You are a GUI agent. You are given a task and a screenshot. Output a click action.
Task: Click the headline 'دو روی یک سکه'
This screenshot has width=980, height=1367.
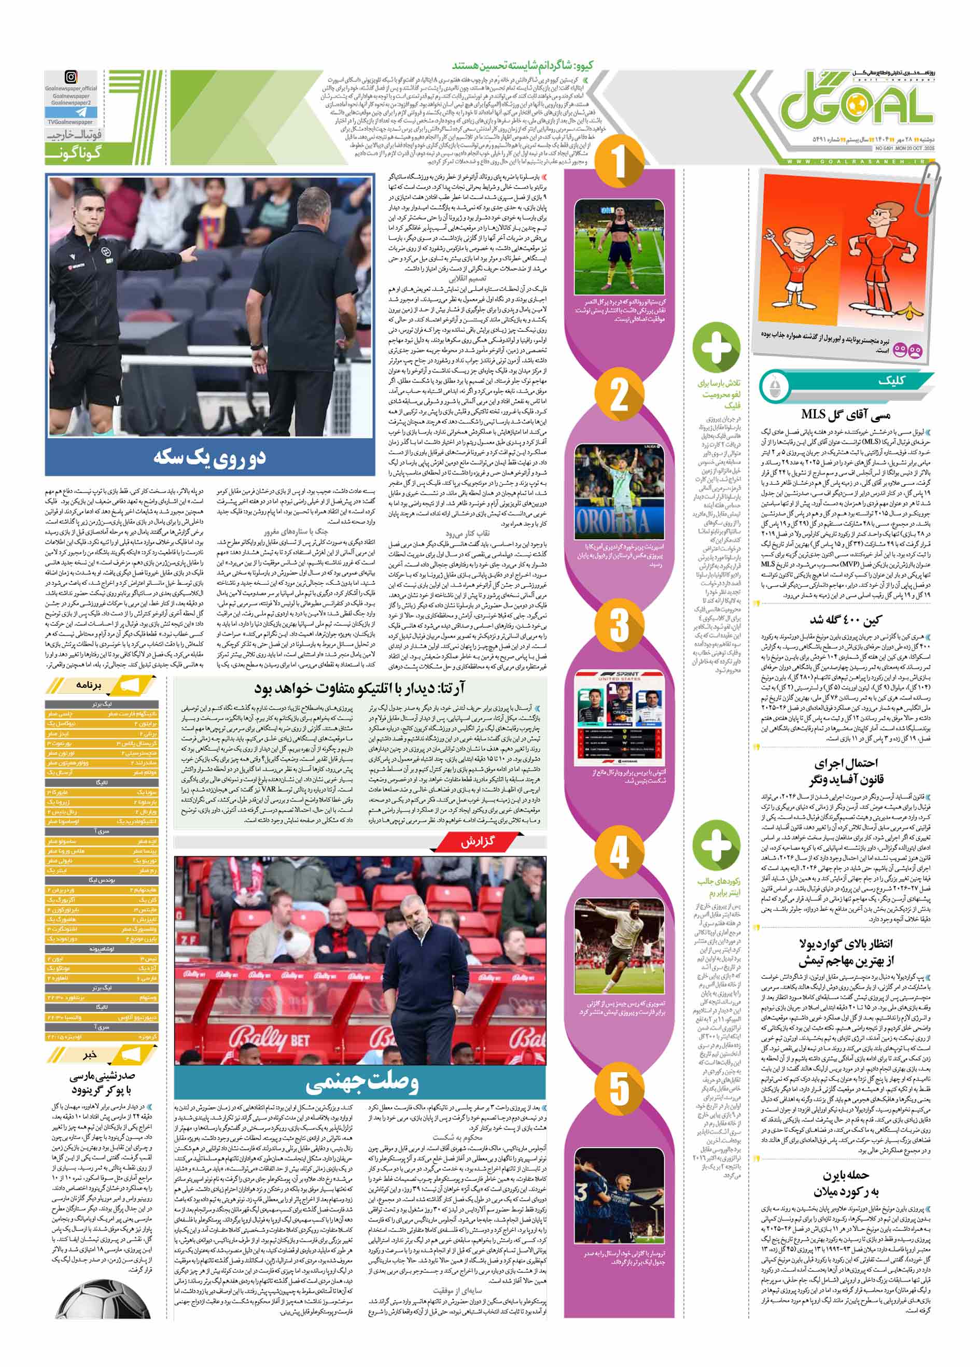coord(209,457)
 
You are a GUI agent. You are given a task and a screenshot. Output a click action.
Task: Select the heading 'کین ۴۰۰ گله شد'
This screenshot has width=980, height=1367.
coord(845,622)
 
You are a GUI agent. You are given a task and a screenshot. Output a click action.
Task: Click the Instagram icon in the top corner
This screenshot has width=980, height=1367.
coord(71,78)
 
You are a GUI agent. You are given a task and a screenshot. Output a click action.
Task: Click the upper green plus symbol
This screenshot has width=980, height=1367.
coord(716,347)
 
